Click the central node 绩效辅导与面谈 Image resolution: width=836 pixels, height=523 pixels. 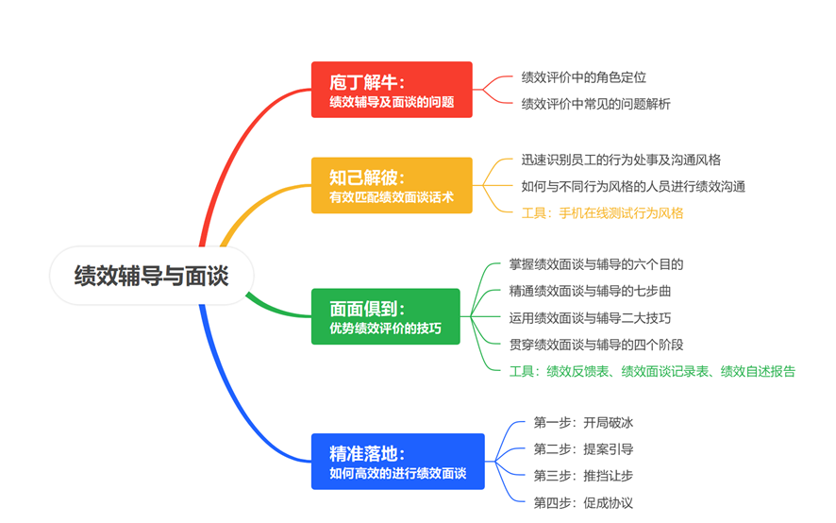click(151, 276)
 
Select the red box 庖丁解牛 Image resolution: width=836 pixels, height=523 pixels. click(392, 90)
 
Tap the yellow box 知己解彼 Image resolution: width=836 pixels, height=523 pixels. click(392, 185)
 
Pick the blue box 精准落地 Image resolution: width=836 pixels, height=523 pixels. click(397, 462)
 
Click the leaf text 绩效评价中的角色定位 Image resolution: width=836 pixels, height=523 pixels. click(583, 77)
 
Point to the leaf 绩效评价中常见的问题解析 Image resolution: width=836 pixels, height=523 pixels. click(595, 104)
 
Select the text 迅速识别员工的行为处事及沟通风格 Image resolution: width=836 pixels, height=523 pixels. click(621, 160)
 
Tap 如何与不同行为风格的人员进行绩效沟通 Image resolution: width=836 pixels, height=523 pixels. click(633, 187)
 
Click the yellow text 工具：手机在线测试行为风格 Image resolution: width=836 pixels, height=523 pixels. click(602, 213)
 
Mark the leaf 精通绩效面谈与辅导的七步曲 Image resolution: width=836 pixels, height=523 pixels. click(590, 292)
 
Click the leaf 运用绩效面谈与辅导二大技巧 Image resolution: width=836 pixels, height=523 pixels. click(590, 318)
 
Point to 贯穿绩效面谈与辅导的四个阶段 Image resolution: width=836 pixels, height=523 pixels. click(596, 345)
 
